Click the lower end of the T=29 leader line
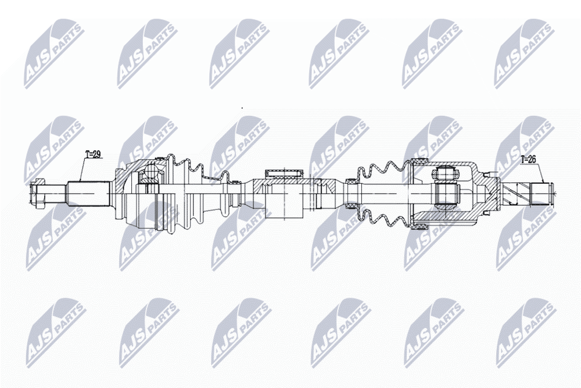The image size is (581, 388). click(80, 181)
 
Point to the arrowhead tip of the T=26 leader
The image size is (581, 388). click(544, 184)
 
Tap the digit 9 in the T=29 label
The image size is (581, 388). click(98, 154)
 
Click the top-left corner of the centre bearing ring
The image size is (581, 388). click(266, 170)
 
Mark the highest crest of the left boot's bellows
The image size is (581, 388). click(170, 155)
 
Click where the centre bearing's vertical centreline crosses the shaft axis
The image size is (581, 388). click(283, 192)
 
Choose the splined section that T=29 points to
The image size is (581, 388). click(89, 193)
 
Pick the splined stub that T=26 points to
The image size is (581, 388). click(541, 193)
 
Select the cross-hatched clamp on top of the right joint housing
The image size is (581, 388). click(419, 162)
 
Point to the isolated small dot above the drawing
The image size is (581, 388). click(242, 108)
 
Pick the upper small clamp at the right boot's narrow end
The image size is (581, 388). click(350, 181)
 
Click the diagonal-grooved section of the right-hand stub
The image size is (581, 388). click(516, 193)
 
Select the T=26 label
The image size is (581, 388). click(529, 159)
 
